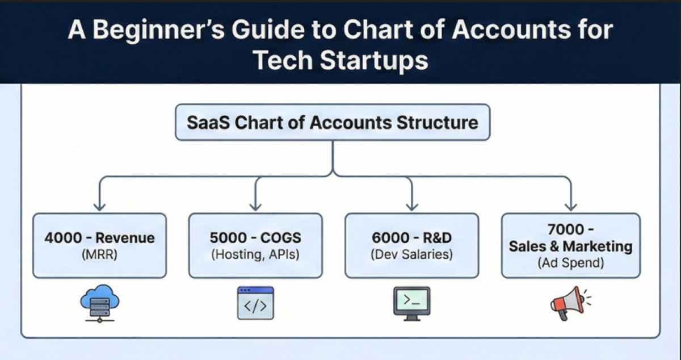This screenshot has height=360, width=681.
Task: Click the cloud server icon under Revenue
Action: [99, 304]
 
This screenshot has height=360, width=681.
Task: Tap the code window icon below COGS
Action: [255, 304]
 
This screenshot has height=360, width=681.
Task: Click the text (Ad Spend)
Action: [570, 263]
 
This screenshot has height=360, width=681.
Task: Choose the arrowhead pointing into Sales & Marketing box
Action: [570, 206]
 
